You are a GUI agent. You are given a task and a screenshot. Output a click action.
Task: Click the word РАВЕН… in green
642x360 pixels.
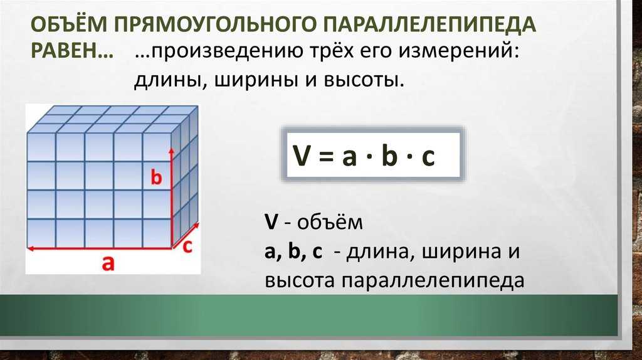[72, 51]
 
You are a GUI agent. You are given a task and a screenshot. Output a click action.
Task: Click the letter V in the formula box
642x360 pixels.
[302, 156]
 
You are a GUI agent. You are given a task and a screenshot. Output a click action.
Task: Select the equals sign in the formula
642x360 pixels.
[325, 156]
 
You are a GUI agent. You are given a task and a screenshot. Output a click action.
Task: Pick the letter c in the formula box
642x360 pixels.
[428, 157]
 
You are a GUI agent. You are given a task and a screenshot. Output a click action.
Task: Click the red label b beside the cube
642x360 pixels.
[156, 177]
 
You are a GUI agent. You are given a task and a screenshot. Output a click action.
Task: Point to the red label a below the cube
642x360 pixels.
[108, 263]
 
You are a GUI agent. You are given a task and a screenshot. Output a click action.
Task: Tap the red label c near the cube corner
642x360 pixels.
[187, 247]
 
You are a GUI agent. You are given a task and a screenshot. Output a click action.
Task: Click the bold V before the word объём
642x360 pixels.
[271, 223]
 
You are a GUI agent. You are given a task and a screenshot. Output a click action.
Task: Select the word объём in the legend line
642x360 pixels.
[330, 222]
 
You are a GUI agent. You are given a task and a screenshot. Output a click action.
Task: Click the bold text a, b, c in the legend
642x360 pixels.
[293, 251]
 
